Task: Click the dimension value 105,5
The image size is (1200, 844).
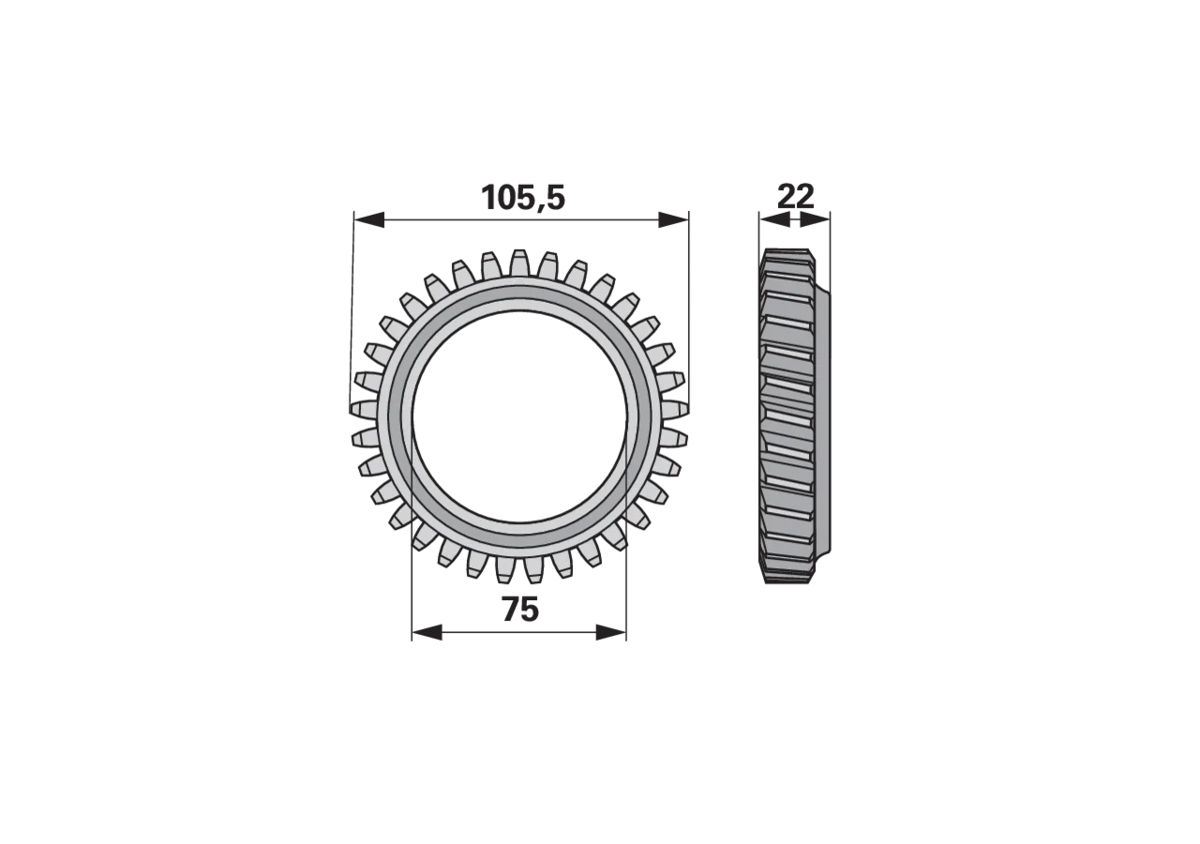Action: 523,197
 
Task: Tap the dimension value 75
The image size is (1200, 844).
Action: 520,610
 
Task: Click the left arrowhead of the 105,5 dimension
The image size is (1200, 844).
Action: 369,219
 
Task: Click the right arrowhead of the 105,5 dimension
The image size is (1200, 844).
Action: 673,219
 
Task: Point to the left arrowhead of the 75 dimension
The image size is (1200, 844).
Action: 427,632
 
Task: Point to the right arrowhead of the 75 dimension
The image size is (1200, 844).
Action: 610,632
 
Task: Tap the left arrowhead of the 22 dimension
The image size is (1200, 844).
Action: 774,219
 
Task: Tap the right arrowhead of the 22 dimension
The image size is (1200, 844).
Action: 815,219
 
